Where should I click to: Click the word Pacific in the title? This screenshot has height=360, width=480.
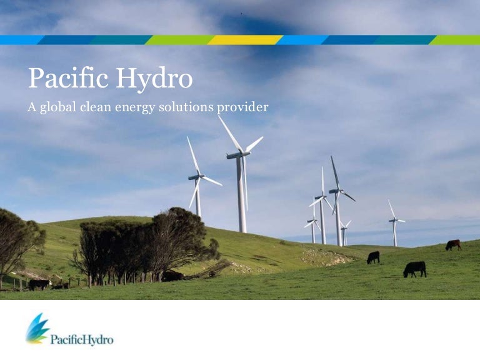64,79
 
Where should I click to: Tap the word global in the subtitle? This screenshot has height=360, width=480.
58,107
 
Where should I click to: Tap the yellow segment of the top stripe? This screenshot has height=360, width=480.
244,39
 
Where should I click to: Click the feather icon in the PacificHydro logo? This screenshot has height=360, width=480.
37,327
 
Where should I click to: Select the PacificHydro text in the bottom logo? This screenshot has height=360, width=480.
82,339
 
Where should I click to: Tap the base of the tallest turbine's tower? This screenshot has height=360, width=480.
241,230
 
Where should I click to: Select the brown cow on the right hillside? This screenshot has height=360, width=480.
453,245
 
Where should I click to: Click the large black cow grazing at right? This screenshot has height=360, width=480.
415,269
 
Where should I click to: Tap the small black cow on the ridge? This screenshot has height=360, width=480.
373,257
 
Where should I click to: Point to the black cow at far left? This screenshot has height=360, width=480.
39,284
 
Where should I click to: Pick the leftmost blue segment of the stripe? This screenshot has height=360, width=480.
19,39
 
